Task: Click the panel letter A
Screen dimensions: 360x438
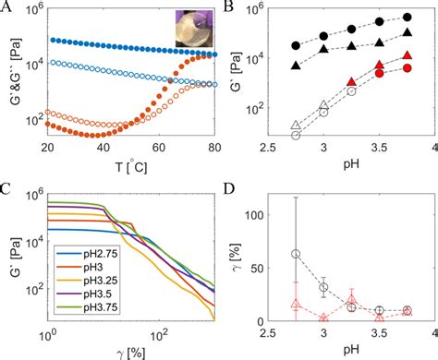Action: pyautogui.click(x=6, y=8)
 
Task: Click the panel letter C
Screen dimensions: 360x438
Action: pyautogui.click(x=6, y=189)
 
